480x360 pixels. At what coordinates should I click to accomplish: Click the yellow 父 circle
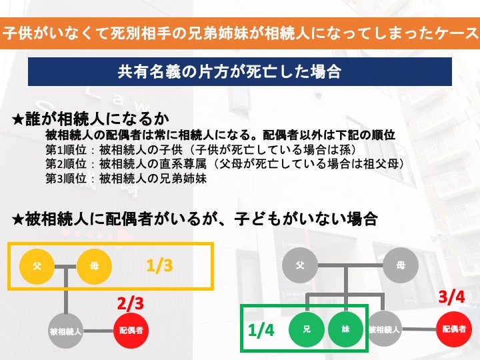pos(37,266)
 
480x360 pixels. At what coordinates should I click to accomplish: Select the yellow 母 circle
pos(94,266)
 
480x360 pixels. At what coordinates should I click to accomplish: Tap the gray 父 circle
pos(300,265)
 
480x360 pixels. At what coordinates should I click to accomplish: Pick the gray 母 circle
pos(401,265)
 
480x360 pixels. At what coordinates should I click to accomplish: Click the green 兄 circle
pos(307,329)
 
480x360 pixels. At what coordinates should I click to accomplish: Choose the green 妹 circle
pos(346,329)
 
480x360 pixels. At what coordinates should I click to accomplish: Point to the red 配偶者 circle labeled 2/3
pos(131,331)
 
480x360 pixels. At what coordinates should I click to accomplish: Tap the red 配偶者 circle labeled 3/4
pos(454,329)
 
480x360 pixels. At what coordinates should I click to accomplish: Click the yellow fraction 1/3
pos(159,265)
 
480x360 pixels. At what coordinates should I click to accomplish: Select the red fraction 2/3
pos(131,303)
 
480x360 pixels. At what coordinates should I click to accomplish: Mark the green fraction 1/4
pos(261,330)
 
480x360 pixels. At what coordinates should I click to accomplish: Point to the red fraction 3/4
pos(451,297)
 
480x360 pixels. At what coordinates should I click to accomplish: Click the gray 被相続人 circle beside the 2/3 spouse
pos(66,331)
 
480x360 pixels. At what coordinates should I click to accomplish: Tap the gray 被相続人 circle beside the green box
pos(384,329)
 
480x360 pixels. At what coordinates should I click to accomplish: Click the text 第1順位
pos(66,150)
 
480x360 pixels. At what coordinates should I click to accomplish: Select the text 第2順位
pos(66,164)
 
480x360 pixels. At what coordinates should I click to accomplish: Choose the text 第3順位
pos(66,179)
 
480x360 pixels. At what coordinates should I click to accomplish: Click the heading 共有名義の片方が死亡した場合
pos(229,71)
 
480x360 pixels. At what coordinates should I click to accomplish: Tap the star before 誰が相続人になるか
pos(18,119)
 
